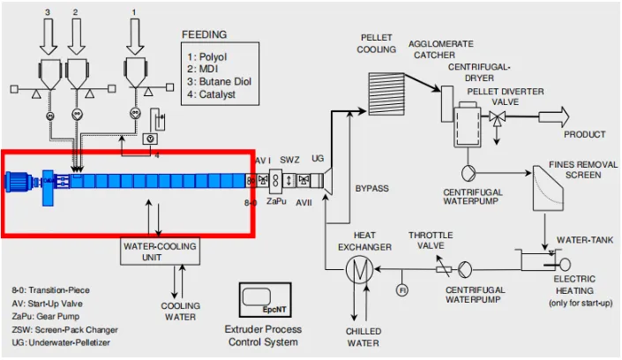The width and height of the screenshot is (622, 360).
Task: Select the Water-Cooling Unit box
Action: click(161, 251)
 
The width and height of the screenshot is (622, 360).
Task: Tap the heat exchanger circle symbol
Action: click(359, 269)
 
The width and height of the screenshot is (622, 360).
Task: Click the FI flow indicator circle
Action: click(402, 290)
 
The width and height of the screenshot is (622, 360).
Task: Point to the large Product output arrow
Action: click(554, 116)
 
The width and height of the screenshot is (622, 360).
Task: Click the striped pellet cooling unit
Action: click(386, 94)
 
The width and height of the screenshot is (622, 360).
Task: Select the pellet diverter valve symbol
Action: click(496, 117)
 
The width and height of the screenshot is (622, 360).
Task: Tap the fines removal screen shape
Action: click(548, 188)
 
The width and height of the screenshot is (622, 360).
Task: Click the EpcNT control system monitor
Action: click(265, 300)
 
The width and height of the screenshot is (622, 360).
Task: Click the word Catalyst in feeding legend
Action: click(217, 94)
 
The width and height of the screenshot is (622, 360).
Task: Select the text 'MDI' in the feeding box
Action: click(208, 69)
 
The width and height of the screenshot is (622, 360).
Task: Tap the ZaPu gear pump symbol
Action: click(275, 181)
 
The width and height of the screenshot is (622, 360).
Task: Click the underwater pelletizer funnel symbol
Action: click(328, 182)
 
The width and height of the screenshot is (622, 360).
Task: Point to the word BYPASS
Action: click(371, 189)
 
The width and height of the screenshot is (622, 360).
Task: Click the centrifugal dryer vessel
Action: click(468, 126)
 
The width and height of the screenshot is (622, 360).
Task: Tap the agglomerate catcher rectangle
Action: click(447, 104)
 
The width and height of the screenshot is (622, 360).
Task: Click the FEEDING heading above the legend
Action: click(205, 34)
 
